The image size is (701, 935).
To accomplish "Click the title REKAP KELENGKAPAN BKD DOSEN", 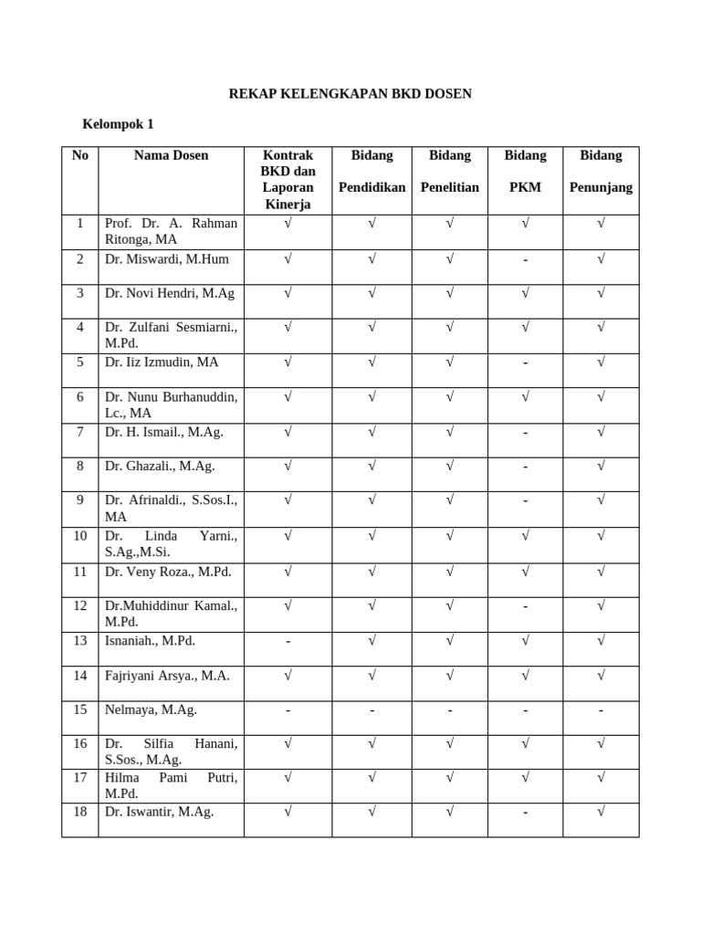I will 350,94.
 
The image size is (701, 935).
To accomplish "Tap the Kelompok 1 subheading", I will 119,124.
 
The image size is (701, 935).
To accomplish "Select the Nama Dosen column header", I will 171,155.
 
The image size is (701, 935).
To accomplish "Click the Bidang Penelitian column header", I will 450,171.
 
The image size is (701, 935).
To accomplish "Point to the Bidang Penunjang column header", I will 601,171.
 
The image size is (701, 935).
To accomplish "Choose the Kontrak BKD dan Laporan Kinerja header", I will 288,179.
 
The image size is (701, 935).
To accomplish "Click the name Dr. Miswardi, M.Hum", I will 167,259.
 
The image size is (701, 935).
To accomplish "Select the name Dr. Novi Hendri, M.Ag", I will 170,293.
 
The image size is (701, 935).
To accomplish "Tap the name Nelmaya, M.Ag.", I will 151,709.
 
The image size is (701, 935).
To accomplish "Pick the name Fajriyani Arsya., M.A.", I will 167,676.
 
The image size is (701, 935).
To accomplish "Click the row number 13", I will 80,641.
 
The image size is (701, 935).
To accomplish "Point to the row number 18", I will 80,812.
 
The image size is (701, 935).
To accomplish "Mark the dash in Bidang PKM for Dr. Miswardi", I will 526,260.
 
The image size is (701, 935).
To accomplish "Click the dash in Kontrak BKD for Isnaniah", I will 288,642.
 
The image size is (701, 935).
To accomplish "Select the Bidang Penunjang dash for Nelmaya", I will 601,710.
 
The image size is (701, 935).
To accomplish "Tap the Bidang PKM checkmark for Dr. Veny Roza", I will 526,572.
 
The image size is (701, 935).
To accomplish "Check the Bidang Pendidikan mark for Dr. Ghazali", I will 372,467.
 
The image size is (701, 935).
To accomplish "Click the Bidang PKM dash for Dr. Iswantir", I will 526,813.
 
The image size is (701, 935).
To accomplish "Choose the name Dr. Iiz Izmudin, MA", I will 162,362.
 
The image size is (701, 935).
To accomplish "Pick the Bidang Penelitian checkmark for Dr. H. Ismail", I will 450,432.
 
